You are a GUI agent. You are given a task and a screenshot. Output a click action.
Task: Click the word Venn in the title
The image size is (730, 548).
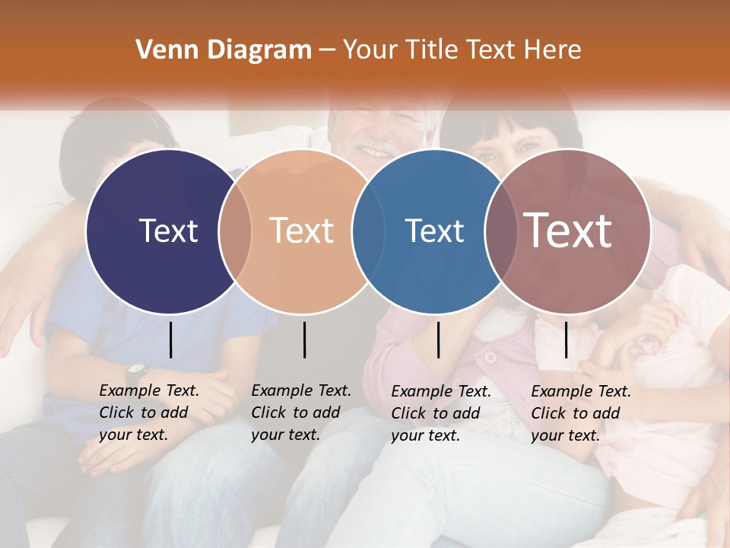point(161,50)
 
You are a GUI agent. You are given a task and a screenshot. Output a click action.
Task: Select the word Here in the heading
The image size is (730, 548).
point(555,50)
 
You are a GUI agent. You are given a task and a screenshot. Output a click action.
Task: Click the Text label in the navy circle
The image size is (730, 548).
point(168,231)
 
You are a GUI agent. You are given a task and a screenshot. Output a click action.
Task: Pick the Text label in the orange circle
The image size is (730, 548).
point(301,231)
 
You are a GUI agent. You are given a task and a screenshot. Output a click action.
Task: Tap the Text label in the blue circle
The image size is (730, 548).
point(434,231)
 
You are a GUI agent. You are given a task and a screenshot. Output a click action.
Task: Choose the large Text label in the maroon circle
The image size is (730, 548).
point(568,231)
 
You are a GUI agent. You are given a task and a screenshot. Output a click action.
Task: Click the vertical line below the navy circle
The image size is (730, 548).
point(170,339)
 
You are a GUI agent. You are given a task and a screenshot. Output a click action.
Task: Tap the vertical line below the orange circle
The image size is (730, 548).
point(304,339)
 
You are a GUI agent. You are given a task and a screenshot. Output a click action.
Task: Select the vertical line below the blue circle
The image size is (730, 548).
point(438,339)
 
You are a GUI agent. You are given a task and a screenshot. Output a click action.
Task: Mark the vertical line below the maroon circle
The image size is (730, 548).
point(566,339)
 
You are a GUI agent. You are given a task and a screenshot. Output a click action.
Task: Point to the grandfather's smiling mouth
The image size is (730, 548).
point(376,150)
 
